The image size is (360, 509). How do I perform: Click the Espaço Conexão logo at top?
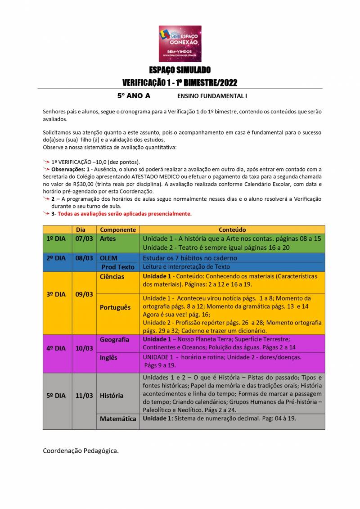point(180,44)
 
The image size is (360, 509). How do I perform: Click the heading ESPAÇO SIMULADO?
point(180,70)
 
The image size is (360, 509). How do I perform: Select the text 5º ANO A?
point(134,96)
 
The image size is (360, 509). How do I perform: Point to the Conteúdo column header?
point(232,230)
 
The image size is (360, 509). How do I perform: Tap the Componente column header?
point(117,230)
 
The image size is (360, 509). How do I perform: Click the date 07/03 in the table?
point(84,239)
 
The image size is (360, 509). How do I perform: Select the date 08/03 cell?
point(84,258)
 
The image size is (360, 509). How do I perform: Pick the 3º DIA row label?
point(56,294)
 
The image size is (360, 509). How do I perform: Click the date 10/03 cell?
point(84,348)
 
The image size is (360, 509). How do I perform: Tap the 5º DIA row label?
point(56,396)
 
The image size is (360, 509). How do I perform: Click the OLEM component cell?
point(109,258)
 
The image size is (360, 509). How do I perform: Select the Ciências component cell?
point(112,276)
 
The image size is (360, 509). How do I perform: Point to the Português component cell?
point(115,307)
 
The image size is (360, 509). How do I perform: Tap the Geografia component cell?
point(114,340)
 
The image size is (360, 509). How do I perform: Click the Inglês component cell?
point(108,358)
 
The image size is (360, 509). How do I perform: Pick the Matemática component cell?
point(118,419)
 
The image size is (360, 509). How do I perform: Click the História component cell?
point(112,396)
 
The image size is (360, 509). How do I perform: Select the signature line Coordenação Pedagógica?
point(81,450)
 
